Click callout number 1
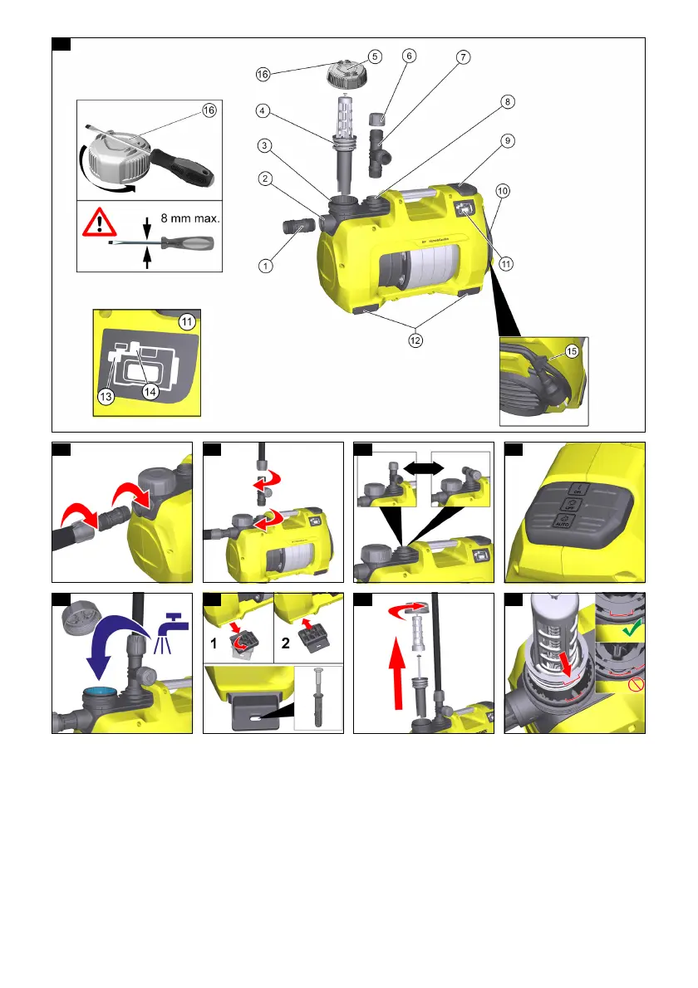[263, 267]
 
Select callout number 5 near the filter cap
[376, 56]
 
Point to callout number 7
[463, 56]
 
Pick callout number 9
[508, 141]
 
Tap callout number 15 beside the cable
[573, 350]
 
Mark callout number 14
[150, 393]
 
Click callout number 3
[263, 146]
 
